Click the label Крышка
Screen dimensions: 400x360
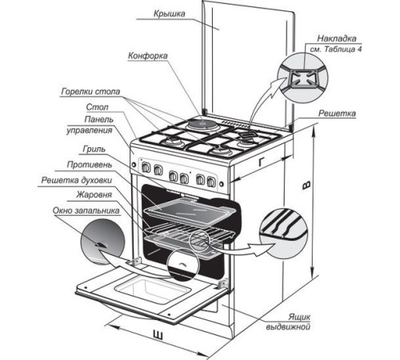tap(169, 14)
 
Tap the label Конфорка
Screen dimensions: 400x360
tap(148, 56)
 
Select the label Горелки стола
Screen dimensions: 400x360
tap(90, 91)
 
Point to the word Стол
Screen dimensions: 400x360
tap(97, 107)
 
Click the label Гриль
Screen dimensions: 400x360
tap(94, 149)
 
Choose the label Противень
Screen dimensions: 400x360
tap(90, 165)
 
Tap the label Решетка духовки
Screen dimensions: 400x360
tap(77, 181)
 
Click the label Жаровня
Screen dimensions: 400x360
tap(94, 194)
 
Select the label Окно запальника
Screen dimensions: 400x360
tap(86, 210)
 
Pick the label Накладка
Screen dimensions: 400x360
tap(337, 38)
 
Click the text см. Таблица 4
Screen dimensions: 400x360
tap(336, 50)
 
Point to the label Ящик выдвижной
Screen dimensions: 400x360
tap(288, 322)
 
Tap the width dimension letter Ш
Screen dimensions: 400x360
tap(158, 335)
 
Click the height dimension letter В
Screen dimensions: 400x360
tap(306, 186)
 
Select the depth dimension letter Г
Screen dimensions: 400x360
tap(262, 162)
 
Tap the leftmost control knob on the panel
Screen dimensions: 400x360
tap(146, 167)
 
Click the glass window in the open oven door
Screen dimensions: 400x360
tap(153, 290)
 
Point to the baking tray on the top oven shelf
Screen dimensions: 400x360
tap(190, 210)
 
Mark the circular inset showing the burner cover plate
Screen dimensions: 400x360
tap(302, 78)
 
